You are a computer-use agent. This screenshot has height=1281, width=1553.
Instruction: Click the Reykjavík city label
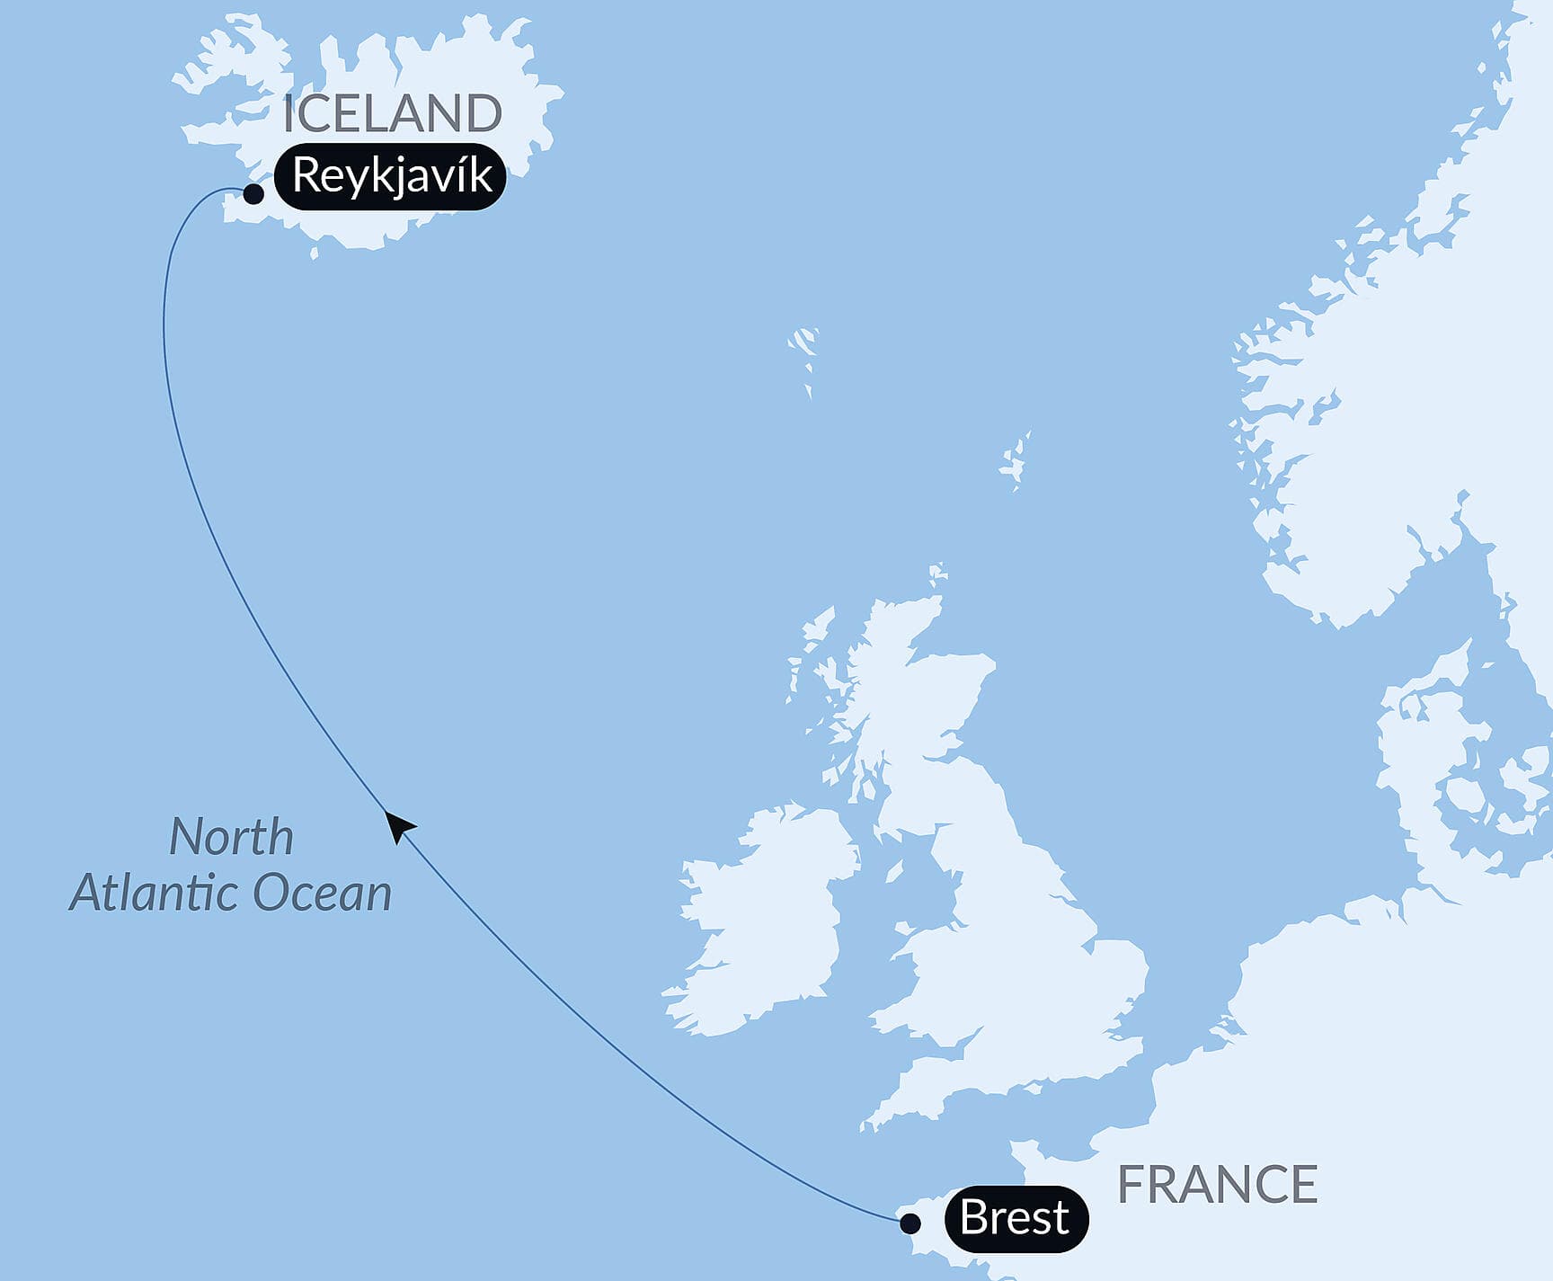[x=390, y=176]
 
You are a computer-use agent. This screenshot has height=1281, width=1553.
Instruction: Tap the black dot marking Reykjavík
[x=253, y=193]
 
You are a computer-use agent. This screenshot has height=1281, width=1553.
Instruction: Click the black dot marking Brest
[x=910, y=1223]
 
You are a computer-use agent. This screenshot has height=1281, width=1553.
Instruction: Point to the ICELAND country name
[x=392, y=113]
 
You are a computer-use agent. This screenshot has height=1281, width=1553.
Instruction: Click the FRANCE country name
[x=1217, y=1185]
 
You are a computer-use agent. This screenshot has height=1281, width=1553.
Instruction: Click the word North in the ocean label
[x=232, y=837]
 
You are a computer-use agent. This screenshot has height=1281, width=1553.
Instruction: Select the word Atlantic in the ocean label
[x=154, y=894]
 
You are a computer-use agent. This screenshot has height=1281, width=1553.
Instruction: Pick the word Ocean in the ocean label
[x=323, y=894]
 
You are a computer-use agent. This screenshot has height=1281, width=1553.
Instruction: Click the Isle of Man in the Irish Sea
[x=894, y=871]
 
